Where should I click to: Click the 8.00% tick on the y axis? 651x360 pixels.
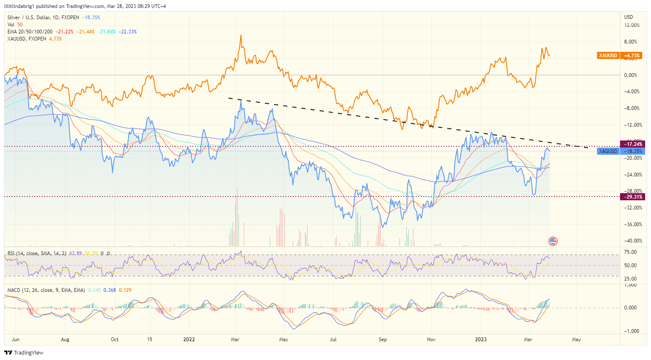pos(630,42)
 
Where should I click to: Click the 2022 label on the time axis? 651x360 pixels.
pos(189,340)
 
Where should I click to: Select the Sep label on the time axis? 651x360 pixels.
pos(382,340)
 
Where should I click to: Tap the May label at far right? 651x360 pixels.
pos(577,340)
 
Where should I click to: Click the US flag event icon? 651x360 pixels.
pos(553,241)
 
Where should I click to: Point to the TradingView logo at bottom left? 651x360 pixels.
pos(24,352)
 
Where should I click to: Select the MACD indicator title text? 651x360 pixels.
pos(46,290)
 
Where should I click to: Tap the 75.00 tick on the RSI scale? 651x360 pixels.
pos(630,252)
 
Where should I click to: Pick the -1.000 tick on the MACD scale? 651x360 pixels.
pos(630,331)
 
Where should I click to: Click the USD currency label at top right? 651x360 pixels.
pos(628,17)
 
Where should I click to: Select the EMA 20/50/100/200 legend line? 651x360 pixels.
pos(30,32)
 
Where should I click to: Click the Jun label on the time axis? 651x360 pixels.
pos(15,340)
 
